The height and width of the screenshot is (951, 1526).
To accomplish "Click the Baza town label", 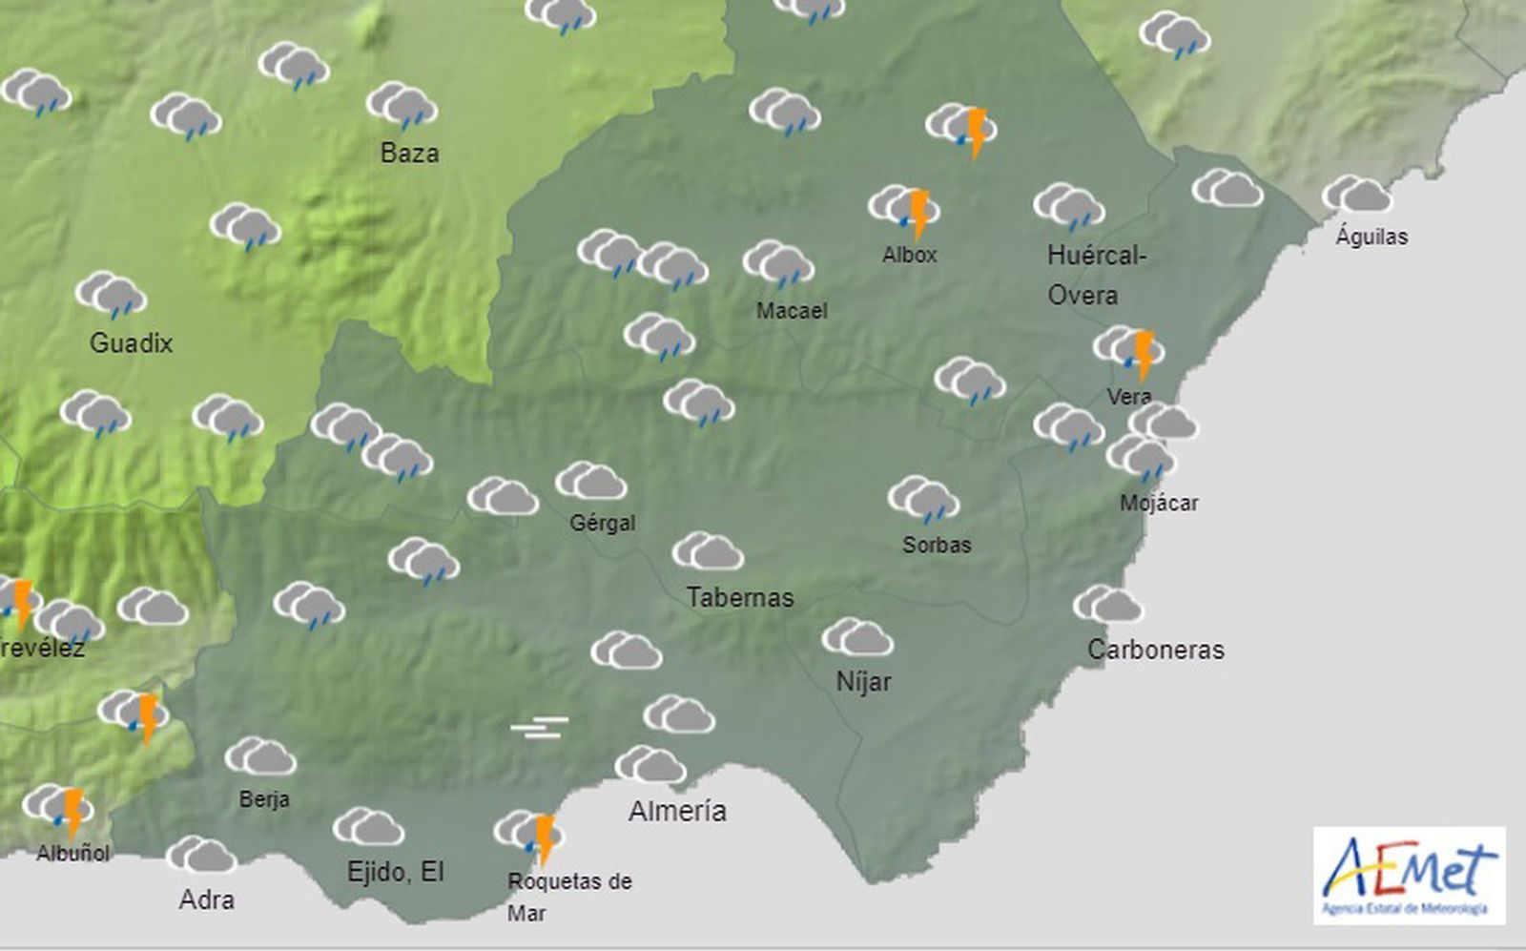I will pos(409,153).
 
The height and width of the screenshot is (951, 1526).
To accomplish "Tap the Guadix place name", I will pos(131,342).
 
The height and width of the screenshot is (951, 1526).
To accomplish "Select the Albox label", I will pos(909,255).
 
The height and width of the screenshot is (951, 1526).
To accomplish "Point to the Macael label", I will pos(792,310).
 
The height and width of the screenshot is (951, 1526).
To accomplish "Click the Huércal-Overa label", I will pos(1095,275).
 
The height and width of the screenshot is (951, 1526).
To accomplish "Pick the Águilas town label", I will pos(1371,237).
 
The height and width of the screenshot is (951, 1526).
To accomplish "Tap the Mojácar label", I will pos(1159,503).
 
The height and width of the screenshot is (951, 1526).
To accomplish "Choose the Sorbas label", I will pos(937,545).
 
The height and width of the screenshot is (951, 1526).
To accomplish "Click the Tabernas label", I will pos(740,597).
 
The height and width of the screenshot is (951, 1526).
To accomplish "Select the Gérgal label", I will pos(602,523).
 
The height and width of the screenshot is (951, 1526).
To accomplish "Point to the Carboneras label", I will pos(1156,650).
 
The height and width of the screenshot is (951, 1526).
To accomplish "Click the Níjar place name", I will pos(863,681).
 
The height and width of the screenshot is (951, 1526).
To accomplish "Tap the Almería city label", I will pos(677,811).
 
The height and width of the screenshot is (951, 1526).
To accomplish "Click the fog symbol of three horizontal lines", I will pos(539,728).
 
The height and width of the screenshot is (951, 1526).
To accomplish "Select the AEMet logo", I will pos(1409,876).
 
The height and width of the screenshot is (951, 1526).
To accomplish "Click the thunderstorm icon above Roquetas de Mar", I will pos(530,835).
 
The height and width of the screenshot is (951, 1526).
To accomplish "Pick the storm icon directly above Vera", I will pos(1129,350).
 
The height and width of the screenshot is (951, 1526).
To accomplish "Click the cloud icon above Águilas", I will pos(1357,195).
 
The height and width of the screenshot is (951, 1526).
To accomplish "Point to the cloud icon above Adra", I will pos(201,856).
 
